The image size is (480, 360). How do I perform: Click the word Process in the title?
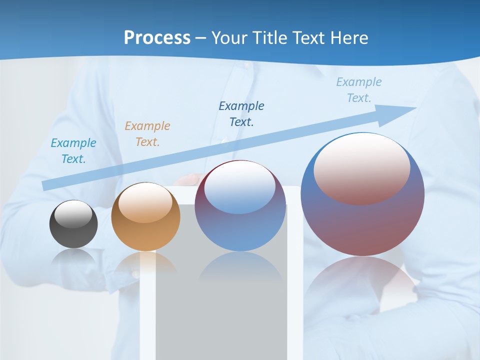[x=157, y=37]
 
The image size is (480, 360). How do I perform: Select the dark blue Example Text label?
[x=241, y=113]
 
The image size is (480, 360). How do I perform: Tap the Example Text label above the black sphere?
[x=73, y=151]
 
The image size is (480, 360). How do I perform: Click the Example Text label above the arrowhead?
[x=359, y=89]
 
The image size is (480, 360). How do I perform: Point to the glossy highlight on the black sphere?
[x=73, y=214]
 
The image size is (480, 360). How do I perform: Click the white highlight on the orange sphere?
[x=145, y=202]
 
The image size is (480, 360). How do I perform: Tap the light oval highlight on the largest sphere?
[x=362, y=167]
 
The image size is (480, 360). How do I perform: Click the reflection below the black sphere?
[x=73, y=257]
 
